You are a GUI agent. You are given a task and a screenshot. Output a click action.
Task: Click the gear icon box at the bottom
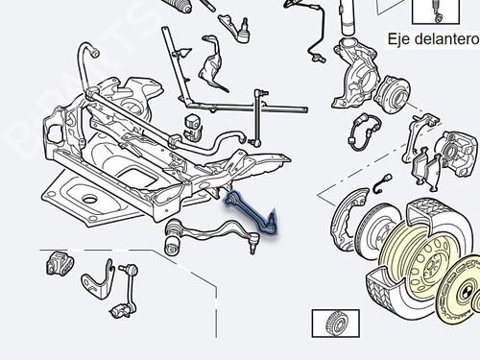click(333, 325)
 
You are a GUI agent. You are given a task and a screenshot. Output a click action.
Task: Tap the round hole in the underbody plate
click(88, 200)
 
